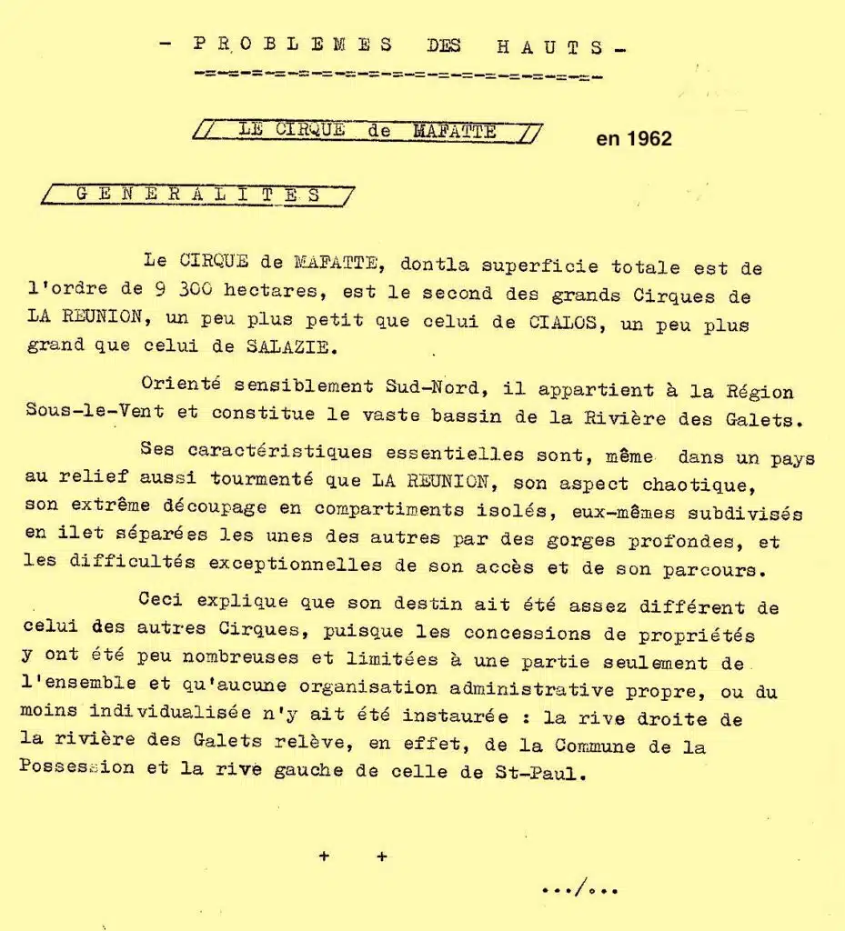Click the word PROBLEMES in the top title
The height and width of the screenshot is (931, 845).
(x=294, y=45)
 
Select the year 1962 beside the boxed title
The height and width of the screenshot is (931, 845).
(x=634, y=139)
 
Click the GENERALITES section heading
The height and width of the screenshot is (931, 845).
(x=198, y=195)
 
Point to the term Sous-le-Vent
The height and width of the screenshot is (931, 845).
(x=95, y=414)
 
